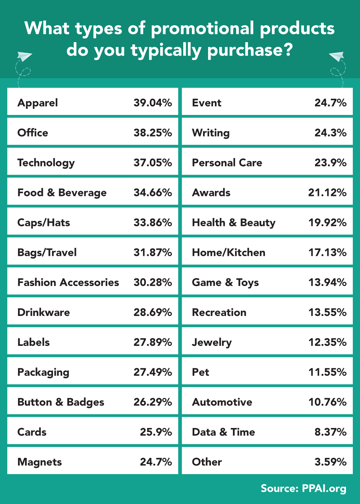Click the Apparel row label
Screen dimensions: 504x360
click(x=38, y=103)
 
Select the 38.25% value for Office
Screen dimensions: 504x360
click(x=153, y=133)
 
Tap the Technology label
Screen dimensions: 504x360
click(x=46, y=163)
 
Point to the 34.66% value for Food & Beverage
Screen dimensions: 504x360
click(x=153, y=192)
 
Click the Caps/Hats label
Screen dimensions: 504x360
click(x=44, y=223)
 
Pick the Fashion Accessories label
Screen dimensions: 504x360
click(x=68, y=282)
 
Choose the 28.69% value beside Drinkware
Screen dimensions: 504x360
click(x=153, y=312)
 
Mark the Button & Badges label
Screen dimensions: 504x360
click(x=61, y=402)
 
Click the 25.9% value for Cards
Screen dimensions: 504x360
click(x=156, y=432)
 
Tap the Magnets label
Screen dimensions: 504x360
click(x=40, y=462)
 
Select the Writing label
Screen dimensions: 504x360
click(x=211, y=133)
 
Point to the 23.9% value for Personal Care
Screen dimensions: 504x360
click(x=330, y=162)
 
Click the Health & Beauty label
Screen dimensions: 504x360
click(x=234, y=223)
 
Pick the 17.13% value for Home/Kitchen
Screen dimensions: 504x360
click(x=327, y=252)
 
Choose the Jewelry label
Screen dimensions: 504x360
click(x=212, y=342)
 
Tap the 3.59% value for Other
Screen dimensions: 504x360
click(x=330, y=462)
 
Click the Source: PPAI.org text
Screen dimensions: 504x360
click(x=303, y=489)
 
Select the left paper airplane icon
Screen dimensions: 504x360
click(x=24, y=57)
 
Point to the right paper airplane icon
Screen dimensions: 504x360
click(x=337, y=57)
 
